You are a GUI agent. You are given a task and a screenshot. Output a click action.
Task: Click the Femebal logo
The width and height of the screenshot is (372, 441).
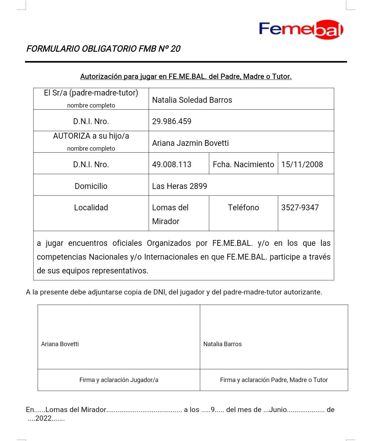coord(301,29)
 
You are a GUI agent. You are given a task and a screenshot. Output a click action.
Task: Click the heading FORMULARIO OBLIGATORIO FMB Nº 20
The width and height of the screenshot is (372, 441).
coord(103,49)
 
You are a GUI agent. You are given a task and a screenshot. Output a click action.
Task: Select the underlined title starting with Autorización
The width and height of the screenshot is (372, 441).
coord(186,77)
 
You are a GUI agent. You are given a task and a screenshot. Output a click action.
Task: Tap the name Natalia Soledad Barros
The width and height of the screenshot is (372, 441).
coord(192,100)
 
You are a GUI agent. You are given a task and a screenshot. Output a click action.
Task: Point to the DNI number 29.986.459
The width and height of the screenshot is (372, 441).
coord(172,121)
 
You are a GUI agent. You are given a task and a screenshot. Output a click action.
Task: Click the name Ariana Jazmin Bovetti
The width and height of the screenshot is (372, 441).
coord(190,143)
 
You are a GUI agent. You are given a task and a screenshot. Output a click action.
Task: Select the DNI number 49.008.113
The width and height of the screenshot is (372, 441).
coord(172,164)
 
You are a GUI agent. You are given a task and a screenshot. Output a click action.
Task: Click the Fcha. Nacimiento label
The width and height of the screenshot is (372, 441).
coord(243,164)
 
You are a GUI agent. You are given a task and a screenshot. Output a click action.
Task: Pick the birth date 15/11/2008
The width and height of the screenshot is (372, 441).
coord(302,164)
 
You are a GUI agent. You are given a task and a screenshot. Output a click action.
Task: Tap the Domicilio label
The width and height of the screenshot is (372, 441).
coord(91,186)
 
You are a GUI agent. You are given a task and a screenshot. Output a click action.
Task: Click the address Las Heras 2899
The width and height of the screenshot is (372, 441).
coord(179,186)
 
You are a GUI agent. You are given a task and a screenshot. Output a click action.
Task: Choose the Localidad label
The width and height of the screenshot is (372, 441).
coord(91,208)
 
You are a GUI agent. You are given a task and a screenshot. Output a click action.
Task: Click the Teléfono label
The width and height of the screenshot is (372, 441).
coord(243,208)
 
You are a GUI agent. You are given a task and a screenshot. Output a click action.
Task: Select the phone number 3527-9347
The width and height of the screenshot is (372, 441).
coord(300,208)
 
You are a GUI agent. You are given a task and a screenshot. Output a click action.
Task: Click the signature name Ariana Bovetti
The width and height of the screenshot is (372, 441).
coord(60,344)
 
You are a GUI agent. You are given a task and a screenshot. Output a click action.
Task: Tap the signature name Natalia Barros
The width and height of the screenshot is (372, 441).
coord(222,344)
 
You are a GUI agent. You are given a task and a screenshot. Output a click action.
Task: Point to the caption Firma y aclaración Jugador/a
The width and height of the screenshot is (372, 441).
coord(119,380)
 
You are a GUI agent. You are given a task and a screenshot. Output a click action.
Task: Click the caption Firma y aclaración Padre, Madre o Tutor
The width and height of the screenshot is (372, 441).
coord(274,380)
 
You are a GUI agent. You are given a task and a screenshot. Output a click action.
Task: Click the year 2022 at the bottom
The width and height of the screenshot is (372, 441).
coord(43,419)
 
